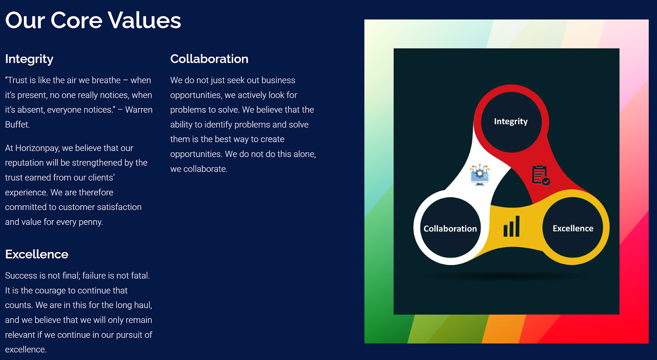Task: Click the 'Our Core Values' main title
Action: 93,20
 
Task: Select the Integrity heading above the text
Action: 29,59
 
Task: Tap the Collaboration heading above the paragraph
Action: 209,59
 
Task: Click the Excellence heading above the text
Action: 37,254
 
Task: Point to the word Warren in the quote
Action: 139,110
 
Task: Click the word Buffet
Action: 17,125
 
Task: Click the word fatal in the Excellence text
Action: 140,275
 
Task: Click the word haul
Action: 143,305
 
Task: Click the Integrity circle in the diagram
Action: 511,122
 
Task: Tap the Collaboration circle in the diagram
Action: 450,228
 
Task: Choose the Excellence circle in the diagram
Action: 572,228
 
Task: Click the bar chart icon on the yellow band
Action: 512,226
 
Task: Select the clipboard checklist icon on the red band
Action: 540,175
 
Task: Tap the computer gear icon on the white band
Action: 480,174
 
